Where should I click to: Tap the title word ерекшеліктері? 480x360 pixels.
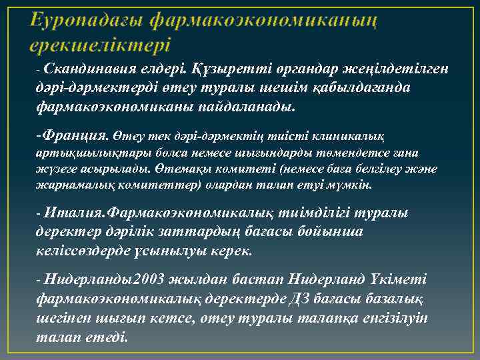pos(100,45)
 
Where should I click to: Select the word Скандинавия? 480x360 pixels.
pos(91,69)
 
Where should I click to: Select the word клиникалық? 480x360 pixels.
pos(343,136)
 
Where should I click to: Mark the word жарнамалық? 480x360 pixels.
pos(70,184)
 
